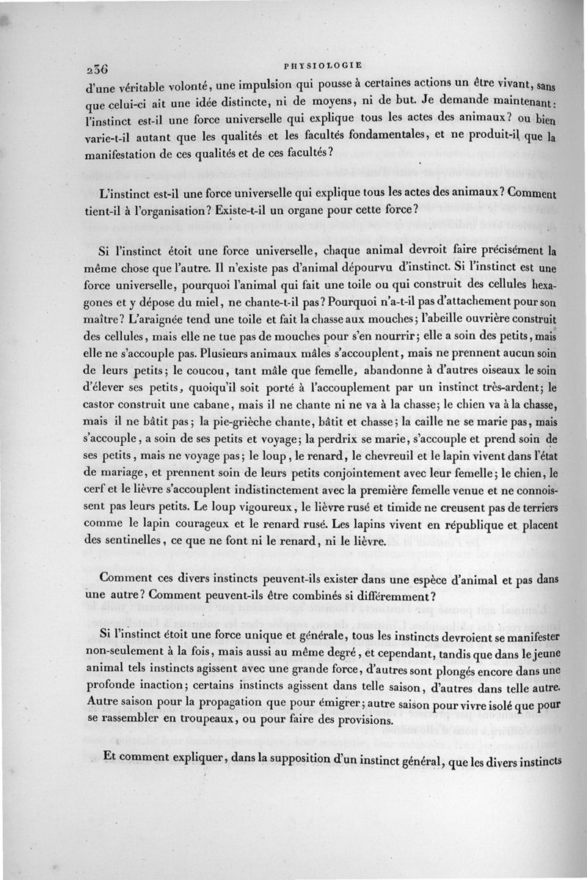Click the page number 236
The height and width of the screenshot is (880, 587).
[x=97, y=69]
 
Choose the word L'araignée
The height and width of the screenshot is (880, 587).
[x=120, y=319]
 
